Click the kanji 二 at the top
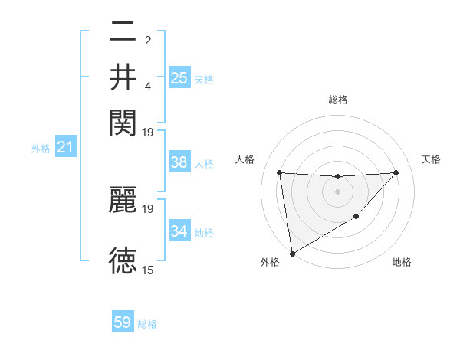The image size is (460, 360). (123, 34)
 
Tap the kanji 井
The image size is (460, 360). (123, 77)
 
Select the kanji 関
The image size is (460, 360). (123, 120)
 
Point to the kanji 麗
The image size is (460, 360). (123, 200)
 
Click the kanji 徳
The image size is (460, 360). (123, 260)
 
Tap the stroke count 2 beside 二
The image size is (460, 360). (148, 41)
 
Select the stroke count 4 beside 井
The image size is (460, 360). (148, 85)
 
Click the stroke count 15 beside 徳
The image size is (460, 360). (148, 270)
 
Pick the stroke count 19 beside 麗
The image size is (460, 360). (148, 208)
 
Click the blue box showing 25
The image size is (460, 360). (179, 78)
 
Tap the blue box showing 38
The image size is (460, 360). (179, 163)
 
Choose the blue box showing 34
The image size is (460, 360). (179, 231)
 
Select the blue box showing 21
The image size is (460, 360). (65, 147)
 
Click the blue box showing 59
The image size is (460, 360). (123, 322)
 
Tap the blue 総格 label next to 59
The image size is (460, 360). (147, 324)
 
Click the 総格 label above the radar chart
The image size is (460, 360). (337, 100)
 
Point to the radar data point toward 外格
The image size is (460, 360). (291, 254)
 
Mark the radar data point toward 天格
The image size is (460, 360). (396, 172)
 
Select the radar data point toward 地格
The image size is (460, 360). (356, 217)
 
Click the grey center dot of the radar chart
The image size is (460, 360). (337, 191)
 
